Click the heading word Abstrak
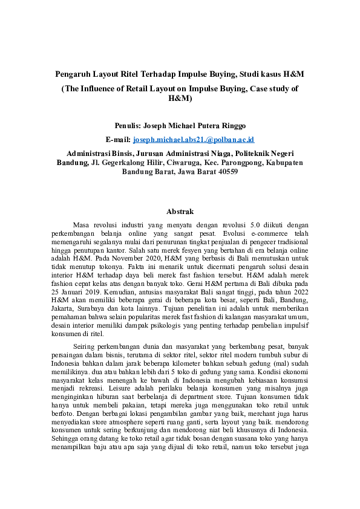point(180,212)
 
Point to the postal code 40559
point(227,172)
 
